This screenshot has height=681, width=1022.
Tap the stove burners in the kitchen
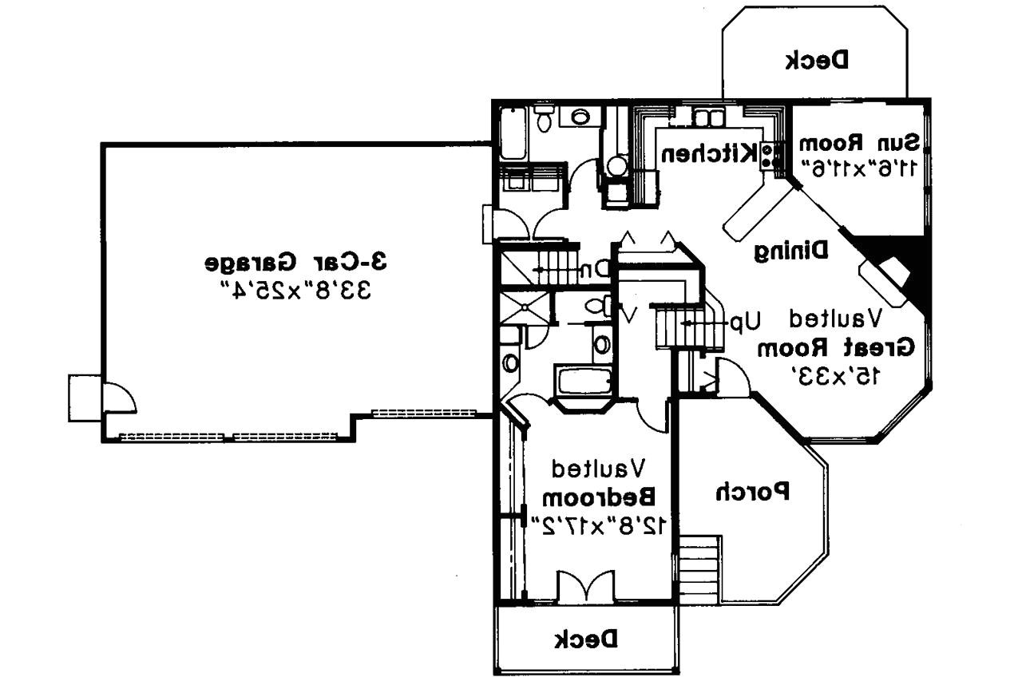(770, 155)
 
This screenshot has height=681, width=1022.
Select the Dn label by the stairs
(594, 270)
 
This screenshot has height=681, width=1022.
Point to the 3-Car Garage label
(296, 262)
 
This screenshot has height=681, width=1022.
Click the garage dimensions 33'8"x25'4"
(296, 288)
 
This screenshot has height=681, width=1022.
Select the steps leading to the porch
(699, 570)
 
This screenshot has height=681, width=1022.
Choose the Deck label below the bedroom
(586, 639)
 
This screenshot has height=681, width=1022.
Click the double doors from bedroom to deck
(585, 587)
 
